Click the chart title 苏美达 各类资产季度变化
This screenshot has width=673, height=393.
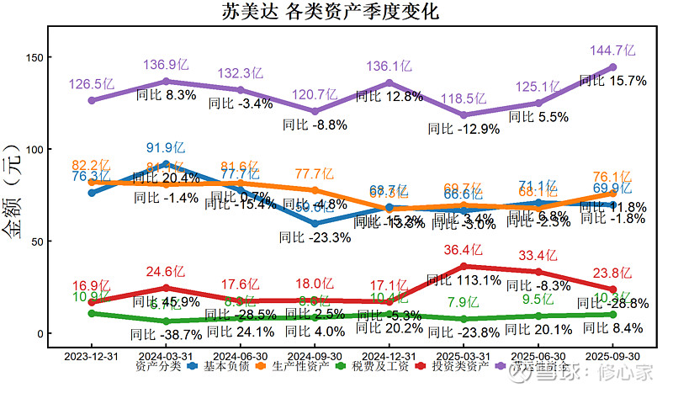pyautogui.click(x=336, y=12)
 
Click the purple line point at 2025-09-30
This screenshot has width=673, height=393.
pyautogui.click(x=612, y=67)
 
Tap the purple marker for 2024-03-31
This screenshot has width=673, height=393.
pyautogui.click(x=166, y=82)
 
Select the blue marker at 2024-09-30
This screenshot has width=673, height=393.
pyautogui.click(x=315, y=224)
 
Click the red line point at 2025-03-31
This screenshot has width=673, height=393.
pyautogui.click(x=464, y=267)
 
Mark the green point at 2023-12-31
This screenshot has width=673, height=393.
pyautogui.click(x=92, y=313)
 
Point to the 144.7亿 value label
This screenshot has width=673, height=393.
pyautogui.click(x=612, y=50)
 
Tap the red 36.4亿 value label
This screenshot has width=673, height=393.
pyautogui.click(x=464, y=250)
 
